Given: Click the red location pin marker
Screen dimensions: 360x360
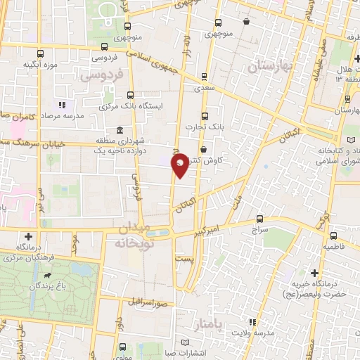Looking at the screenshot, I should click(x=180, y=165).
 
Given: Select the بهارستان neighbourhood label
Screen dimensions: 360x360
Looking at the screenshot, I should click(x=273, y=67).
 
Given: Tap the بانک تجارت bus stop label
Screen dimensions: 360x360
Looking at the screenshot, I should click(x=199, y=127).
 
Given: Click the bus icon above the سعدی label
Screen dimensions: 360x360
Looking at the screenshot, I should click(x=204, y=78).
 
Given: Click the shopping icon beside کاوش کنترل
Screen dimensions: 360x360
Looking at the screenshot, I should click(x=203, y=149).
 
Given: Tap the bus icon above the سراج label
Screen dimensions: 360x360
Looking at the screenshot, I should click(x=260, y=219).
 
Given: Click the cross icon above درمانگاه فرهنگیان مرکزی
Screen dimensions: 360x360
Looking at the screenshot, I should click(x=28, y=237).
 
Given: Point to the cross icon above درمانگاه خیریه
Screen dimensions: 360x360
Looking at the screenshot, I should click(x=314, y=271).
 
